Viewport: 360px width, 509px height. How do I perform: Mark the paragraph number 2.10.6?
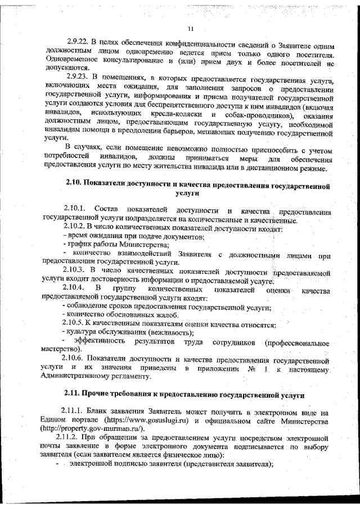[x=74, y=358]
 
